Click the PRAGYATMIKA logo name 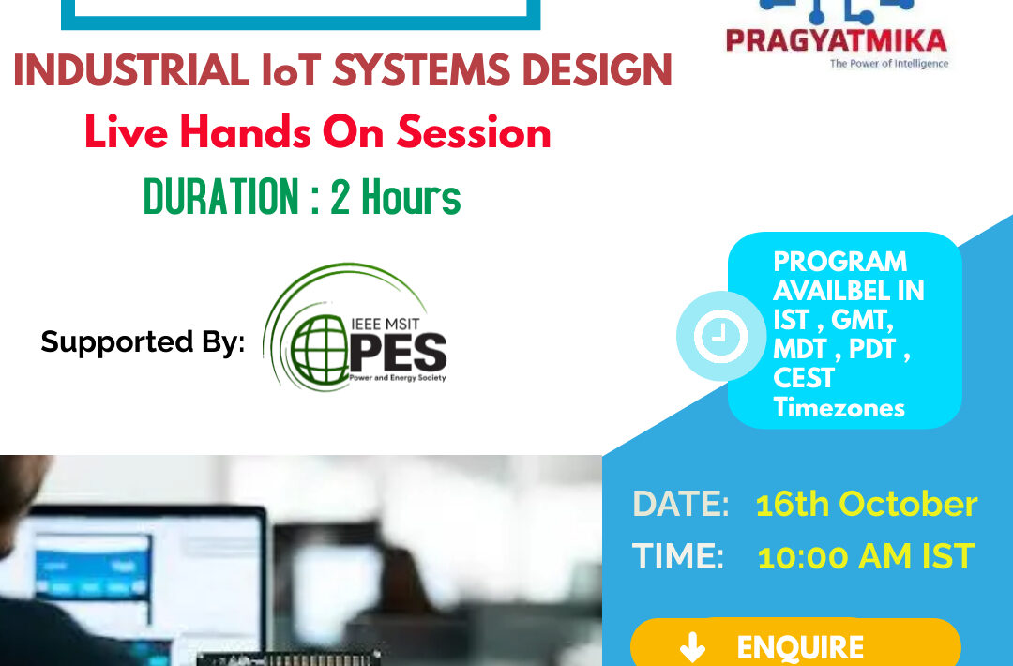(x=837, y=40)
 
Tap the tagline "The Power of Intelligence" (x=889, y=63)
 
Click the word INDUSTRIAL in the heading (x=131, y=69)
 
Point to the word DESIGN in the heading (x=597, y=69)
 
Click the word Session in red (x=474, y=132)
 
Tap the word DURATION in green (x=221, y=196)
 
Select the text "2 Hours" (x=396, y=196)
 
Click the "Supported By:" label (x=143, y=341)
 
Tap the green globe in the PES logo (x=319, y=350)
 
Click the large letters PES (x=398, y=353)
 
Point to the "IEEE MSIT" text (x=386, y=323)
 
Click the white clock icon (x=721, y=336)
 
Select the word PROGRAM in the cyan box (x=839, y=262)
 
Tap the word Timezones (x=839, y=408)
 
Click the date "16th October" (x=867, y=504)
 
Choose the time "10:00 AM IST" (x=866, y=556)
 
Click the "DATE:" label (x=680, y=504)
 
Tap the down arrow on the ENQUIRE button (x=692, y=647)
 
